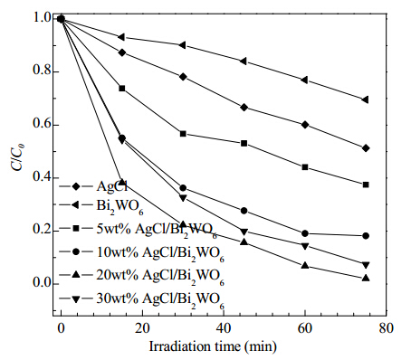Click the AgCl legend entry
pos(93,186)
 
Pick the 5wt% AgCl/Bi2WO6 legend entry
pos(139,230)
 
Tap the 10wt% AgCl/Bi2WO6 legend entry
pos(142,252)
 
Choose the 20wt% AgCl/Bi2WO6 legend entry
pos(142,276)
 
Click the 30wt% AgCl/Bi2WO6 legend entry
pos(142,299)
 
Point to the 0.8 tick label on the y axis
pos(41,71)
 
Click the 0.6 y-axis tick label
pos(41,124)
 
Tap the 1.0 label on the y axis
pos(41,18)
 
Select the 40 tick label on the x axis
pos(224,328)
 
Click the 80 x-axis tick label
pos(386,328)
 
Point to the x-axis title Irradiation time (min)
pos(213,346)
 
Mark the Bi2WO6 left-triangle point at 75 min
pos(365,99)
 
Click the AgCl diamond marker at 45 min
pos(244,108)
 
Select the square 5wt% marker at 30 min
pos(183,134)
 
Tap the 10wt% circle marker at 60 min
pos(305,233)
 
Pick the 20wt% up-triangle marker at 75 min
pos(366,278)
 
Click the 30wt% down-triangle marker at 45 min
pos(244,232)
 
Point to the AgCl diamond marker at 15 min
pos(122,52)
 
